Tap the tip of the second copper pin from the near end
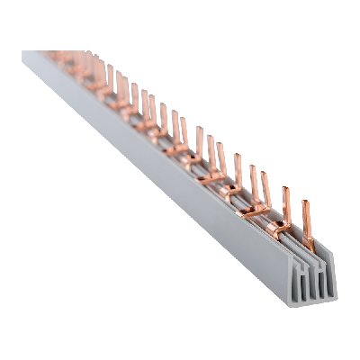click(x=285, y=188)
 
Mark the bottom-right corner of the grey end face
click(x=334, y=299)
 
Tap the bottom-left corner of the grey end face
click(x=295, y=303)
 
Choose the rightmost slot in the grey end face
click(x=326, y=280)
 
